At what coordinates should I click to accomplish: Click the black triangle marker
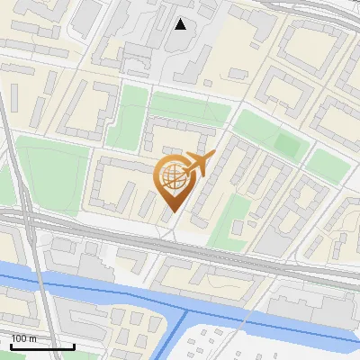tap(181, 24)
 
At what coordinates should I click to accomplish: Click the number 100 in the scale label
tap(20, 338)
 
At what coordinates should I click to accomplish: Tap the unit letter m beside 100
tap(32, 338)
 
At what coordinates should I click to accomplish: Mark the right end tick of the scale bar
tap(74, 346)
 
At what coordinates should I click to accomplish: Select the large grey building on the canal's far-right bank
tap(306, 310)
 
